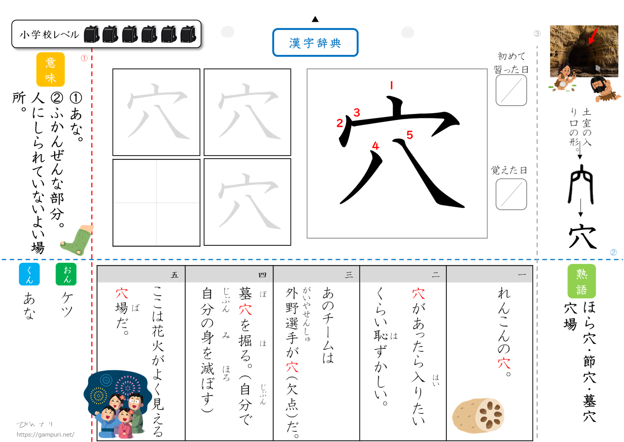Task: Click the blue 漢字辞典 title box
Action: tap(315, 42)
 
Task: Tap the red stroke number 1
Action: tap(391, 85)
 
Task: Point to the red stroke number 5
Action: tap(410, 135)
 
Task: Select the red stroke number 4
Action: tap(376, 146)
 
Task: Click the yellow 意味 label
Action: tap(51, 69)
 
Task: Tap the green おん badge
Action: tap(66, 274)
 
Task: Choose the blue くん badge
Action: tap(29, 274)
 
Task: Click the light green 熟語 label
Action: tap(582, 281)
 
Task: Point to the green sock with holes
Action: tap(77, 240)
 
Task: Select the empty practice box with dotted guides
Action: tap(156, 203)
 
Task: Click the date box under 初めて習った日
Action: tap(511, 90)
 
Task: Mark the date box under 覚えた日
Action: tap(511, 194)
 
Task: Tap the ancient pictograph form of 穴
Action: tap(581, 184)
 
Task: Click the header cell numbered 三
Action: tap(316, 275)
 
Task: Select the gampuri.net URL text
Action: tap(45, 434)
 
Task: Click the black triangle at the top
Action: tap(315, 19)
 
